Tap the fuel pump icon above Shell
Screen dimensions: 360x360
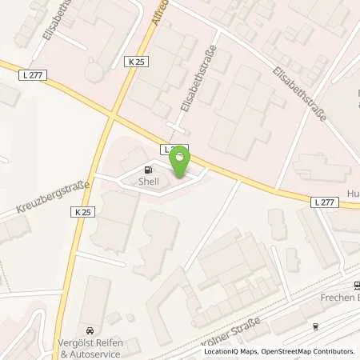[148, 170]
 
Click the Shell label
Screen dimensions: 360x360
[149, 182]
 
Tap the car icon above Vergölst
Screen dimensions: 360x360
[89, 330]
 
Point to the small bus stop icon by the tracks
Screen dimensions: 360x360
[315, 326]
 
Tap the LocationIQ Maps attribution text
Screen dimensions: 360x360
[230, 352]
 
